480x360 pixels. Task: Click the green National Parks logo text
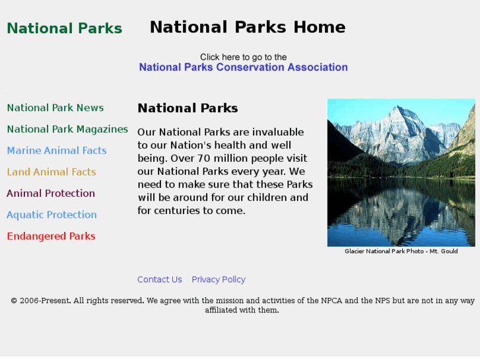64,28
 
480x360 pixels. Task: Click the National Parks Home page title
247,27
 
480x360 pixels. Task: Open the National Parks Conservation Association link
243,67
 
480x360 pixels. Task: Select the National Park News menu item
55,108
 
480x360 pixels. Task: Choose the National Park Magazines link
67,129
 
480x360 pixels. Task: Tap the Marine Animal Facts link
56,151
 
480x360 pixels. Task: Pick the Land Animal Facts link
51,172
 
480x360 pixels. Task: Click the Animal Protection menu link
50,194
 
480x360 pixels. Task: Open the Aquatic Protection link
51,215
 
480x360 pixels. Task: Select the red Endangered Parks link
51,236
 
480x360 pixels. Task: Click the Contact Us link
159,279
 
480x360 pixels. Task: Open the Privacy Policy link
219,279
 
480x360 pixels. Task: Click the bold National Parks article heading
188,108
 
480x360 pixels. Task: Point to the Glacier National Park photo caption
401,251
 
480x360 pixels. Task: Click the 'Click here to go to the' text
243,57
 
